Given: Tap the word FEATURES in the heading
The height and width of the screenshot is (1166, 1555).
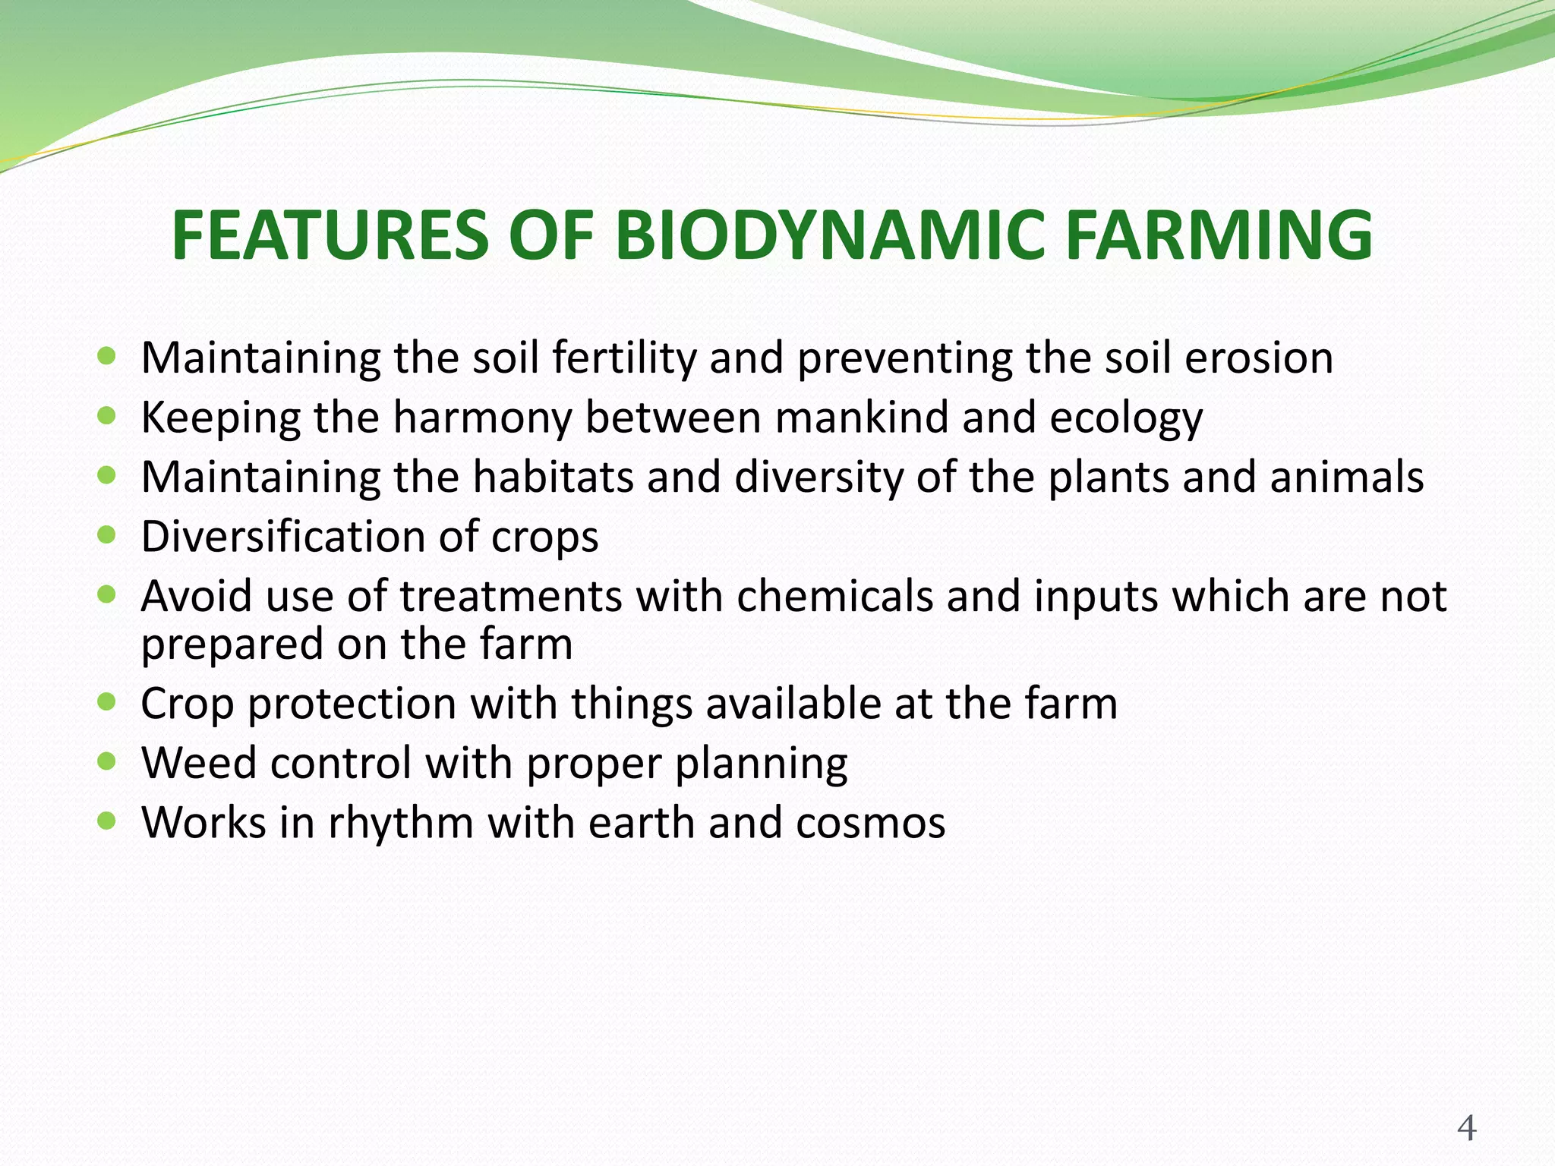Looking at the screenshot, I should tap(330, 235).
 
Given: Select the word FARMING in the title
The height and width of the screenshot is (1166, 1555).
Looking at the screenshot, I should tap(1219, 235).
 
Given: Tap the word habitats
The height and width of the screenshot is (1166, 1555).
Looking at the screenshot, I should tap(553, 477).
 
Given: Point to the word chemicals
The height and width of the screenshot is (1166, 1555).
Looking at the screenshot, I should tap(834, 596).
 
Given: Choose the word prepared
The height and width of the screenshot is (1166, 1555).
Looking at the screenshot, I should tap(232, 645).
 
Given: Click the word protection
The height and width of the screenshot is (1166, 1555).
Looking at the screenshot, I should tap(352, 704).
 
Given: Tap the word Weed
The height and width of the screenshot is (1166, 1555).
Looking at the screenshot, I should tap(199, 762).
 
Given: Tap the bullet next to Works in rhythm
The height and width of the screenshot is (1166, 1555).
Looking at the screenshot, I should tap(107, 821).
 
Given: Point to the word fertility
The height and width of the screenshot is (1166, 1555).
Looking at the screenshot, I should tap(624, 358).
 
